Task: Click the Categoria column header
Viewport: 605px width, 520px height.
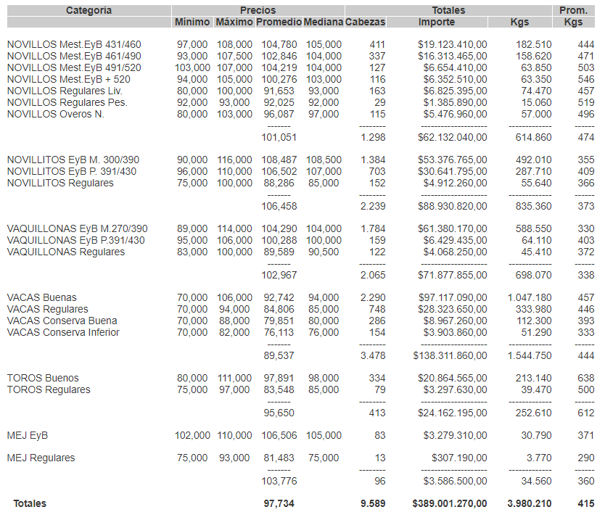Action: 89,10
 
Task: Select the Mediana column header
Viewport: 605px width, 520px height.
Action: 323,22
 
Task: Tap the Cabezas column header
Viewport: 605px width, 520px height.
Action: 366,22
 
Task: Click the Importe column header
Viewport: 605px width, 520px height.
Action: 437,22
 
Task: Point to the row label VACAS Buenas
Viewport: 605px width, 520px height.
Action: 41,297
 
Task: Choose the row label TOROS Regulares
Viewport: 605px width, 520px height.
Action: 49,389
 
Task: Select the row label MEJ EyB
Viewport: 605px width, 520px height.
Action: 28,435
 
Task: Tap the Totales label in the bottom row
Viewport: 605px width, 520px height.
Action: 29,503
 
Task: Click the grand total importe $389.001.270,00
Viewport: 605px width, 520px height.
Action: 450,503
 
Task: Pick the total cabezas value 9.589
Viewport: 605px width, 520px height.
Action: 373,503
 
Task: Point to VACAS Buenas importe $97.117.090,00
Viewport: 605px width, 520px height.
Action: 453,297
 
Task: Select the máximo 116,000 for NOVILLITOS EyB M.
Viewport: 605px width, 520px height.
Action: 235,160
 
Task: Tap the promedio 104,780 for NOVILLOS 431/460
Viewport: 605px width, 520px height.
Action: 276,44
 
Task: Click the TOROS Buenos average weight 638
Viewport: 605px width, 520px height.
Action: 585,378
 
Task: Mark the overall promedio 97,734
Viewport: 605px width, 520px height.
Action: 279,503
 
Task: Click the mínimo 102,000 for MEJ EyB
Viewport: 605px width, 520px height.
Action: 193,435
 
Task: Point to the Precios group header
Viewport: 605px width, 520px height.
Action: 258,10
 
